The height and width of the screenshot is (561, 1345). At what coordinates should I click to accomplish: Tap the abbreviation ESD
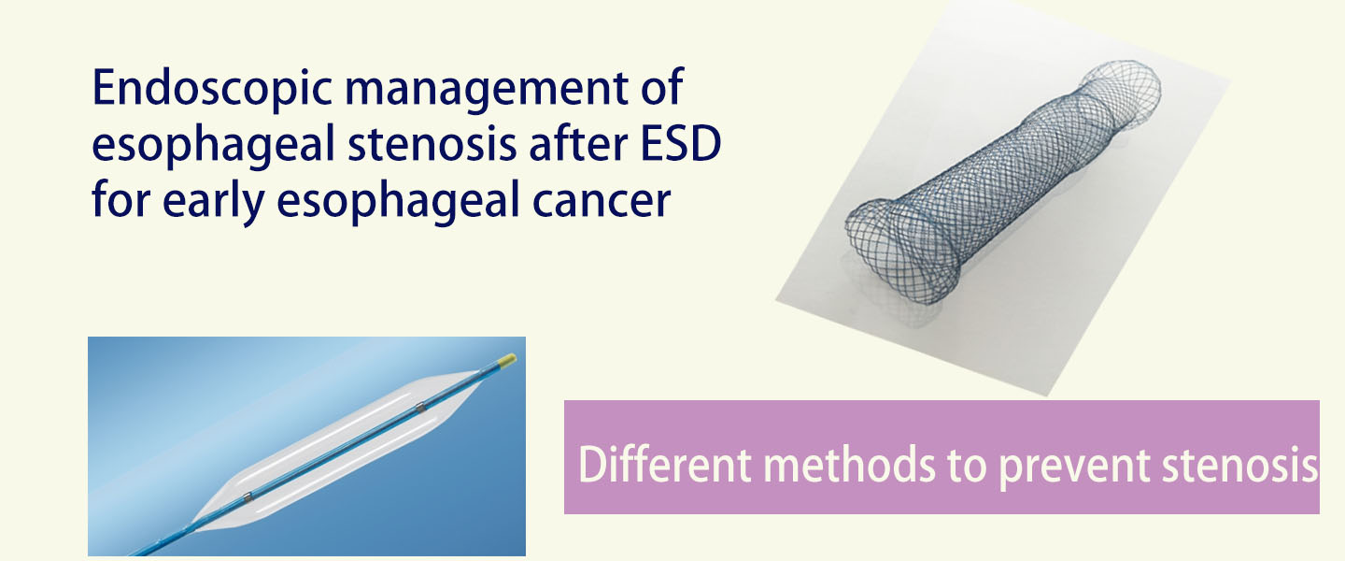click(x=680, y=144)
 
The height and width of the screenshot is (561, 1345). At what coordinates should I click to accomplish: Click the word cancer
click(x=602, y=201)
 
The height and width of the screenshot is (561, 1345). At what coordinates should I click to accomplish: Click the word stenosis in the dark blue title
click(x=432, y=144)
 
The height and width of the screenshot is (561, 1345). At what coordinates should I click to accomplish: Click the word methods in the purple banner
click(x=849, y=464)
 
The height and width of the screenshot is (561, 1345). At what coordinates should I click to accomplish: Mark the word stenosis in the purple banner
click(x=1240, y=464)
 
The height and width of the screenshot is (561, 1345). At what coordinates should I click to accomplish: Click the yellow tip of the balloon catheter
click(x=507, y=360)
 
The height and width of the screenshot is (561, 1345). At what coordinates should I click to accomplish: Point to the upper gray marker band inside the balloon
click(x=420, y=409)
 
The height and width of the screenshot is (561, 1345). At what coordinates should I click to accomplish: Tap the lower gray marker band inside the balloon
click(x=248, y=496)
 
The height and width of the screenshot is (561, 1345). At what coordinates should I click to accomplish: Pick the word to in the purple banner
click(x=967, y=466)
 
